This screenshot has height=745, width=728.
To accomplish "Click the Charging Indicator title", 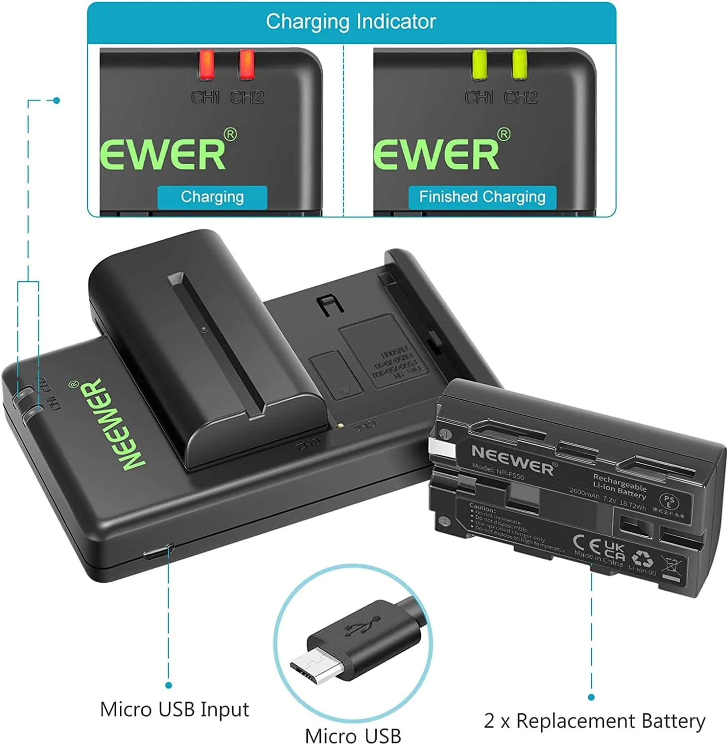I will pyautogui.click(x=351, y=22).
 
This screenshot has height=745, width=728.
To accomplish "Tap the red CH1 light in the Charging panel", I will pyautogui.click(x=206, y=65).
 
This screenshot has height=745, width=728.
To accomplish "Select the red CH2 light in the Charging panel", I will pyautogui.click(x=246, y=65).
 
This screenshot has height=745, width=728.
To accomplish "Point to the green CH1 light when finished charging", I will pyautogui.click(x=480, y=65).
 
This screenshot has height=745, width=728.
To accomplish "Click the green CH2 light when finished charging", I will pyautogui.click(x=519, y=65).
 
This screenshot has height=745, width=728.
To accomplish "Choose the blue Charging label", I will pyautogui.click(x=212, y=197).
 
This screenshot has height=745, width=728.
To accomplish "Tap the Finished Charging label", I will pyautogui.click(x=482, y=197).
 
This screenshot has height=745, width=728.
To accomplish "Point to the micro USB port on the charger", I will pyautogui.click(x=157, y=553).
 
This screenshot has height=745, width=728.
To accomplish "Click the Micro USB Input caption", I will pyautogui.click(x=174, y=710).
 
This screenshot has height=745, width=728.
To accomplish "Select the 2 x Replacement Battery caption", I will pyautogui.click(x=594, y=722).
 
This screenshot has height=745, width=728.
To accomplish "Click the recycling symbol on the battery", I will pyautogui.click(x=642, y=559).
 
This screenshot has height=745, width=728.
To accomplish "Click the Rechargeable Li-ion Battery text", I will pyautogui.click(x=619, y=487).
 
